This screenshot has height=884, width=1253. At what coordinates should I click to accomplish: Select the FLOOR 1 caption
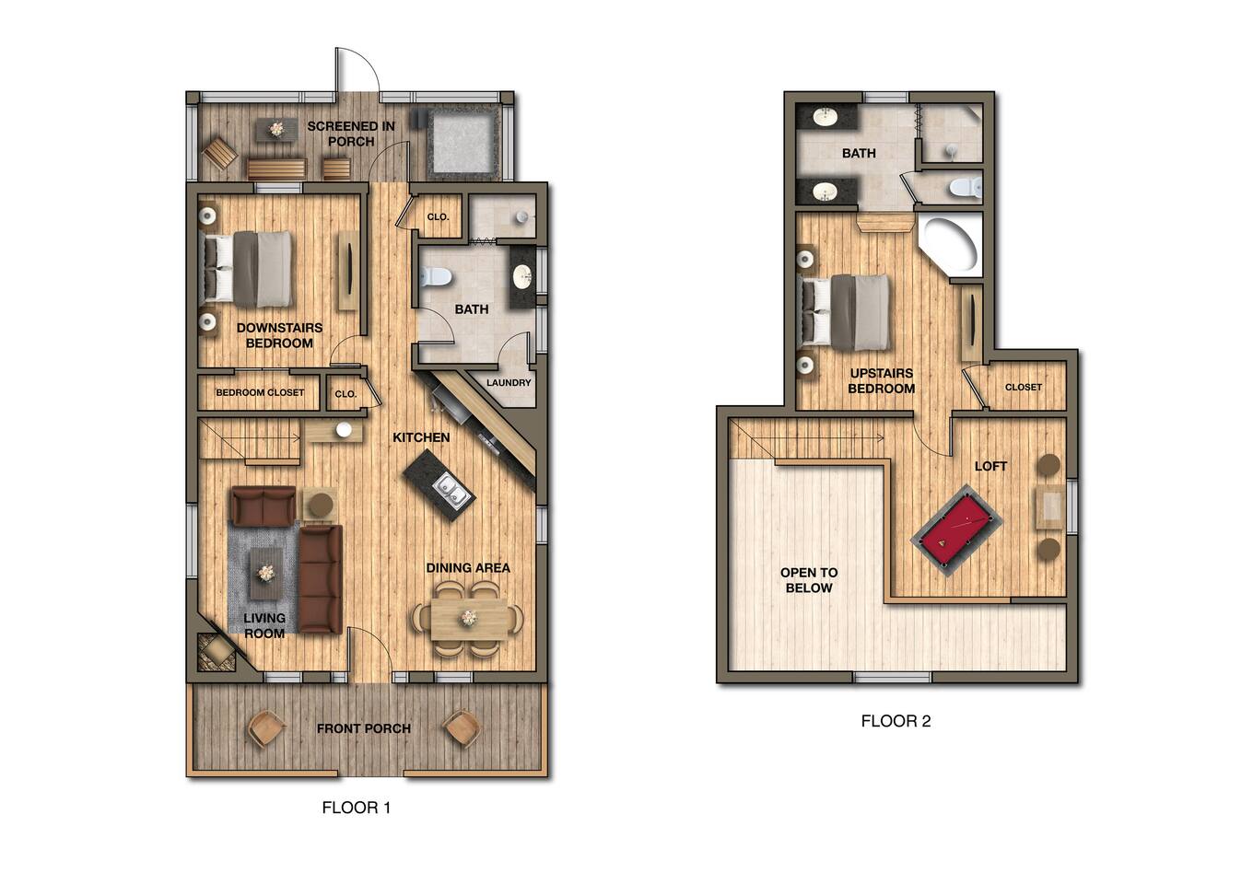tap(356, 808)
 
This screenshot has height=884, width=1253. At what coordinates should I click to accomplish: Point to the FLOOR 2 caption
tap(896, 721)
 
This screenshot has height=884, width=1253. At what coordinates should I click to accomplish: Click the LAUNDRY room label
tap(509, 382)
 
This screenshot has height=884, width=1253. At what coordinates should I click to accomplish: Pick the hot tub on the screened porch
tap(463, 143)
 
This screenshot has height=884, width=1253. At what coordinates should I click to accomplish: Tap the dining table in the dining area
tap(469, 619)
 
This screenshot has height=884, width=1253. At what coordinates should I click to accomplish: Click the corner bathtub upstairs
tap(951, 245)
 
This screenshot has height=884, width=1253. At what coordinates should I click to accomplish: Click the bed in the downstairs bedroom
tap(247, 269)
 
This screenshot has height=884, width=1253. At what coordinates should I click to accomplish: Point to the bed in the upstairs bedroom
tap(846, 311)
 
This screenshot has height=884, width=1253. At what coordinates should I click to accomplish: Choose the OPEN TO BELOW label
tap(809, 580)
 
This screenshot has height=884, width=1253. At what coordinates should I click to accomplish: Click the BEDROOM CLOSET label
tap(260, 392)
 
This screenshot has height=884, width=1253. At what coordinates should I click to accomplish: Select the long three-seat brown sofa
tap(321, 579)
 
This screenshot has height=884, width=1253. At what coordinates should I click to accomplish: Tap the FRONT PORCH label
tap(364, 728)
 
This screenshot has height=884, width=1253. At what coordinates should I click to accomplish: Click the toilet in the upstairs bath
tap(966, 187)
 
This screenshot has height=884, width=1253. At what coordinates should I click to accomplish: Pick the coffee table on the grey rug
tap(265, 573)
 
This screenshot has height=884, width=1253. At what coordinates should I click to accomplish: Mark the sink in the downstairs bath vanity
tap(522, 276)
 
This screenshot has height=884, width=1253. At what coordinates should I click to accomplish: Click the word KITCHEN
tap(421, 437)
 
